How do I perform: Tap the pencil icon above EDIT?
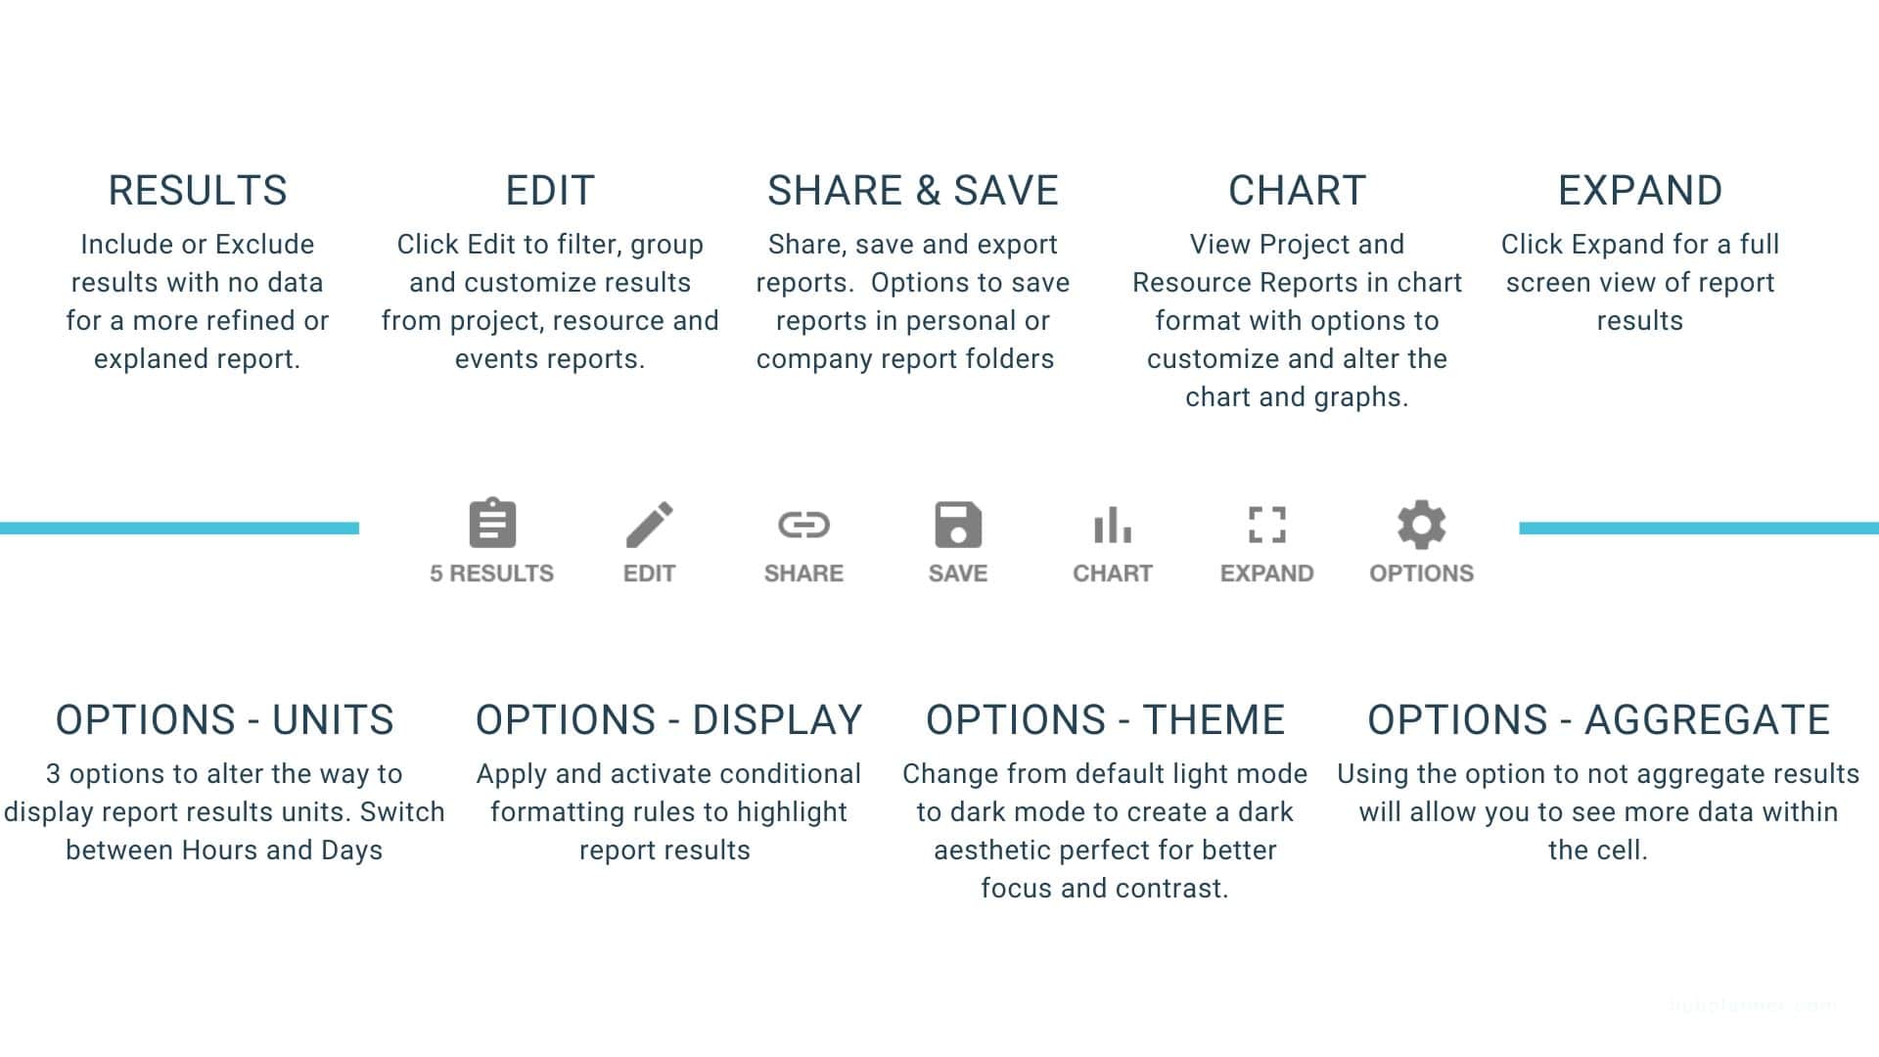(x=650, y=525)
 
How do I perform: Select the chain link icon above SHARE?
(x=803, y=525)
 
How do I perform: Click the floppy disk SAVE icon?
(x=958, y=525)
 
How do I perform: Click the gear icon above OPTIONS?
(x=1422, y=525)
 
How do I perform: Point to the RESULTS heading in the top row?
(x=198, y=190)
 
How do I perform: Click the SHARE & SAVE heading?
(x=913, y=190)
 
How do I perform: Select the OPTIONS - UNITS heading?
(x=224, y=719)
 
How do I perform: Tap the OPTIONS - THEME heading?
(x=1105, y=719)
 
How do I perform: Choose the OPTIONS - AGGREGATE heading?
(x=1598, y=719)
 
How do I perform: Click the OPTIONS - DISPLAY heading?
(x=668, y=719)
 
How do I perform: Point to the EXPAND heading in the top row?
(x=1640, y=190)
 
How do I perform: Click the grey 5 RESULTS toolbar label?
(x=492, y=573)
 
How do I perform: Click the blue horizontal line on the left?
(x=179, y=528)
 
